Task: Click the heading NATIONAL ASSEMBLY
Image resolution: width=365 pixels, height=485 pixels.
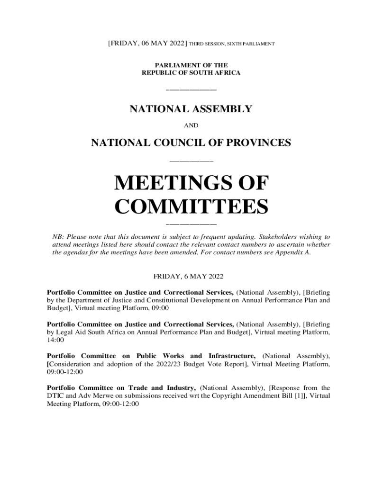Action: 191,109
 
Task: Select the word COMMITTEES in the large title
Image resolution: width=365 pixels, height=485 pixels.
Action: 192,207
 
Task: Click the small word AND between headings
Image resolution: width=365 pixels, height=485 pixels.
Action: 191,126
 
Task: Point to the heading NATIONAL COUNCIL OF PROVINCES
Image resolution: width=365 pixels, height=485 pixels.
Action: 191,142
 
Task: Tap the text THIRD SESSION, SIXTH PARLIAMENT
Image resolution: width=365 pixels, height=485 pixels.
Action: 232,44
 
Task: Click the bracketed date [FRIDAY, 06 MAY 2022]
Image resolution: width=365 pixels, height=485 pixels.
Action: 147,44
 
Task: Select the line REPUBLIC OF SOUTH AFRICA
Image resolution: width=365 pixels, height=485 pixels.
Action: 191,73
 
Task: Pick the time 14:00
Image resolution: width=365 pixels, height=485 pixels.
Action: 55,341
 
